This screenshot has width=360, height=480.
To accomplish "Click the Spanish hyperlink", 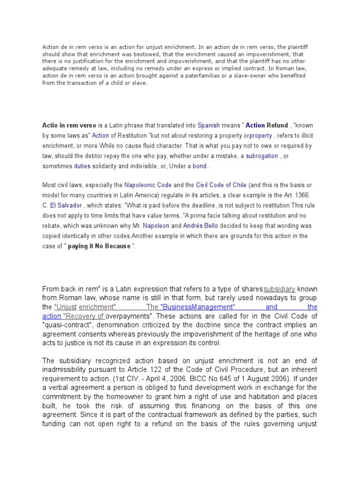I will [x=209, y=126].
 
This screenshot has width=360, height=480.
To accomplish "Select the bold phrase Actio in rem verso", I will [x=69, y=126].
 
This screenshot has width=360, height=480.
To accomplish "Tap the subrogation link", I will [x=262, y=156].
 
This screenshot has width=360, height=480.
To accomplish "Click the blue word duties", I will [x=82, y=166].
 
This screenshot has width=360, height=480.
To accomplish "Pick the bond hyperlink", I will [x=199, y=166].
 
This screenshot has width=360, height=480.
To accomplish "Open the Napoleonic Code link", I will [x=148, y=185].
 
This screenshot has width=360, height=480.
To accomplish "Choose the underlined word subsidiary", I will [x=279, y=289].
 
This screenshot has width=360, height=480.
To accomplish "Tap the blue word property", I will [x=261, y=135].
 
